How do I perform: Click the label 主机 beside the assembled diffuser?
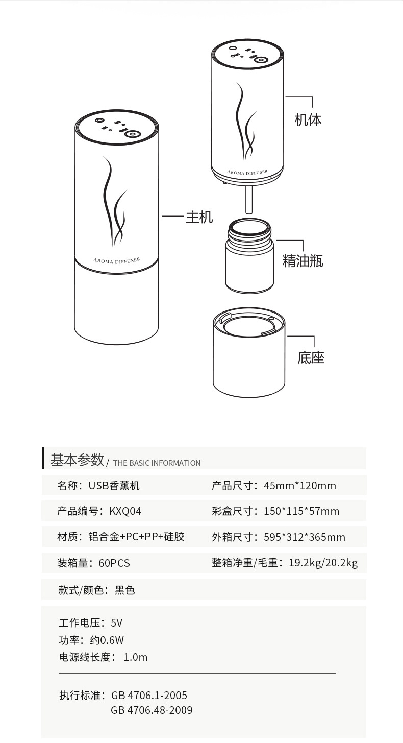click(x=199, y=217)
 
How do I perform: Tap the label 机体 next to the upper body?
click(x=308, y=120)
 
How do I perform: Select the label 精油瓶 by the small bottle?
click(x=303, y=261)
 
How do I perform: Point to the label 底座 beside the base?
click(x=311, y=357)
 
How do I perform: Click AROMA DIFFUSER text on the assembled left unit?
click(x=117, y=260)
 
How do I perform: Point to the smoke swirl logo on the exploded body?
click(x=245, y=123)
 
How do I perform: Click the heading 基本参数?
click(x=77, y=460)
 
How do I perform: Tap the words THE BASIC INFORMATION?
click(x=157, y=463)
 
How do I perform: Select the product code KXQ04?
click(x=125, y=511)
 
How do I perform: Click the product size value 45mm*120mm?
click(x=300, y=486)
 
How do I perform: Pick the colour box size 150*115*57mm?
click(x=301, y=511)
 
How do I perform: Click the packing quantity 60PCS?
click(x=114, y=563)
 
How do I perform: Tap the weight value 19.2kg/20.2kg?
click(x=323, y=563)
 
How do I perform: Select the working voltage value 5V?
click(x=116, y=623)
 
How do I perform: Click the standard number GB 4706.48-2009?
click(x=152, y=710)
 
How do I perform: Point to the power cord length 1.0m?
click(x=136, y=657)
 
